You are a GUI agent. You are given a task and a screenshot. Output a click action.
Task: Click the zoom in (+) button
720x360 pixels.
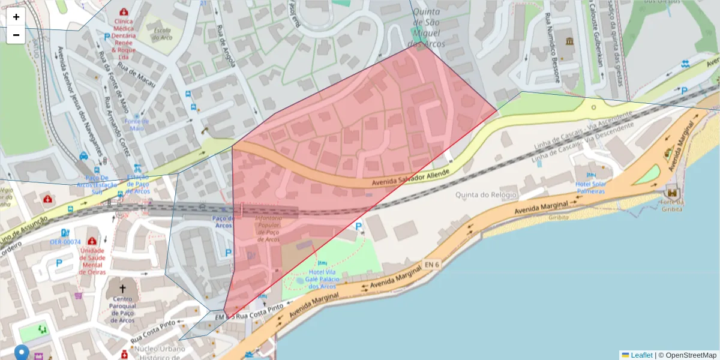coord(16,17)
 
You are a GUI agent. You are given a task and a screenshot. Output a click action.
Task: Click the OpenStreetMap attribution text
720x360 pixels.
coord(691,355)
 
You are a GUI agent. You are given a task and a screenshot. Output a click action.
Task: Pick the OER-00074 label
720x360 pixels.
coord(65,242)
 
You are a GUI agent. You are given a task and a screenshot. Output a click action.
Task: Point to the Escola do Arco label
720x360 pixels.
coord(162,34)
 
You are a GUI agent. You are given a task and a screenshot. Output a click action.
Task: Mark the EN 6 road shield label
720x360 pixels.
coord(431,264)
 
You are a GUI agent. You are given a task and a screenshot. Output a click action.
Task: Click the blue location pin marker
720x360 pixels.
coord(22,353)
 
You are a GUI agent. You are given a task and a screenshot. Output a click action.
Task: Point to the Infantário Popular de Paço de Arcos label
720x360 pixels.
coord(268,229)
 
